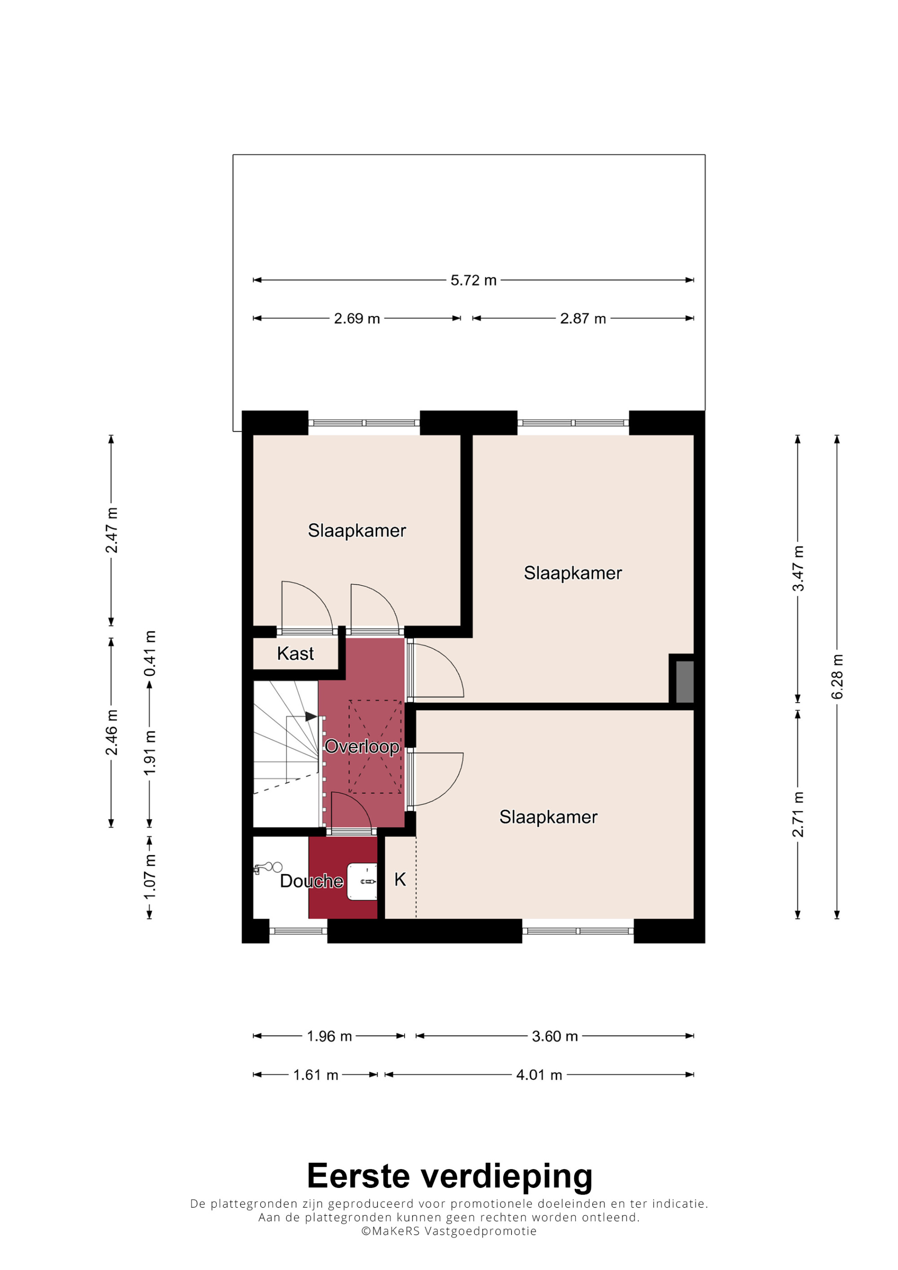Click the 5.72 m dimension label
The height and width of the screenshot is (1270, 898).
tap(473, 280)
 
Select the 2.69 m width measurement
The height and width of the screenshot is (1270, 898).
tap(357, 319)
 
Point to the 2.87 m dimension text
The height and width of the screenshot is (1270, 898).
tap(583, 319)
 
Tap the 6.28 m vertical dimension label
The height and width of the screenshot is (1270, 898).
tap(837, 676)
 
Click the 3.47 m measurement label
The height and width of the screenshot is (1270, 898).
tap(798, 568)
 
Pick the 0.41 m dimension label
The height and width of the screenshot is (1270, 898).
tap(150, 653)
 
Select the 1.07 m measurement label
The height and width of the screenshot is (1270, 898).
tap(150, 877)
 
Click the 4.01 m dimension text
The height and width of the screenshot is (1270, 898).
tap(539, 1075)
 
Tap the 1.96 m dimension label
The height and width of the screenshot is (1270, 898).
tap(329, 1037)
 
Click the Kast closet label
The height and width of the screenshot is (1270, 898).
tap(295, 654)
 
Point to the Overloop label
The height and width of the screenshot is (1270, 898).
tap(362, 747)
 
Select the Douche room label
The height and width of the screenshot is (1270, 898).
tap(312, 881)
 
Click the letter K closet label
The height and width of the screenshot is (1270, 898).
tap(400, 880)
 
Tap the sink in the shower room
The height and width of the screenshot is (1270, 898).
tap(362, 882)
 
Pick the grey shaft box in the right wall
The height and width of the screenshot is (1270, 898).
tap(684, 682)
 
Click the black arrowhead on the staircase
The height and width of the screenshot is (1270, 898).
tap(312, 717)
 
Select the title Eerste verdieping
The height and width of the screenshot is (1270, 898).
tap(449, 1175)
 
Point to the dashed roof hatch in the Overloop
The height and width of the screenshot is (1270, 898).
tap(375, 747)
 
